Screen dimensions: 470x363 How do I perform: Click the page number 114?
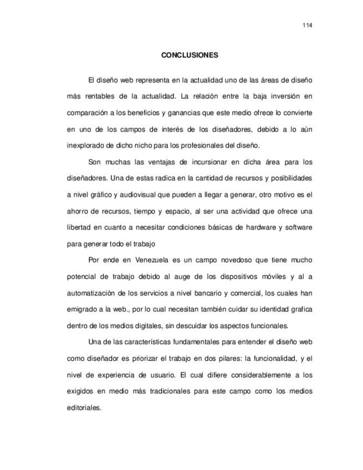coord(308,26)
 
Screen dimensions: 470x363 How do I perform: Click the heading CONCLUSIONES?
coord(190,56)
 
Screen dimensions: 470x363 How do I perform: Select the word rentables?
coord(98,96)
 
